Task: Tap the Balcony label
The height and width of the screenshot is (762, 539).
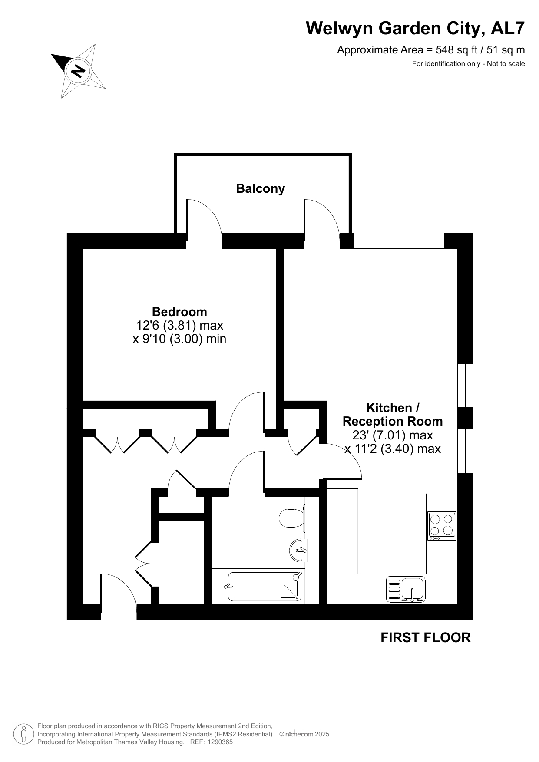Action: (261, 188)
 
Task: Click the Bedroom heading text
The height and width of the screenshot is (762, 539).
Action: (179, 312)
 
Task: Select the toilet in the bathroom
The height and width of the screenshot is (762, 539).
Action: (292, 518)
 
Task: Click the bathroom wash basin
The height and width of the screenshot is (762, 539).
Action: (299, 551)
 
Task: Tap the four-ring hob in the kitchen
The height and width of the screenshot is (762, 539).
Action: (442, 525)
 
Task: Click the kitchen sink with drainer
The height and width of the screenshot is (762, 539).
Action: (406, 589)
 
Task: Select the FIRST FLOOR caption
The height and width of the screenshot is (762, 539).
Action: (426, 637)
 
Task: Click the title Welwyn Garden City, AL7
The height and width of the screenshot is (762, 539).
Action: (415, 28)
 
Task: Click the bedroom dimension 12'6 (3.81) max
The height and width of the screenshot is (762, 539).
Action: (180, 325)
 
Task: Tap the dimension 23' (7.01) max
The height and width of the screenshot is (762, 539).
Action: (393, 435)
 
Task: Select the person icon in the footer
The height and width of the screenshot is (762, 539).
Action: (24, 734)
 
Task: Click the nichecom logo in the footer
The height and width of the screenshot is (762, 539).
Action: (299, 734)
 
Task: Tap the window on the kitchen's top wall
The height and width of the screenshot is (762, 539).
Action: (399, 241)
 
